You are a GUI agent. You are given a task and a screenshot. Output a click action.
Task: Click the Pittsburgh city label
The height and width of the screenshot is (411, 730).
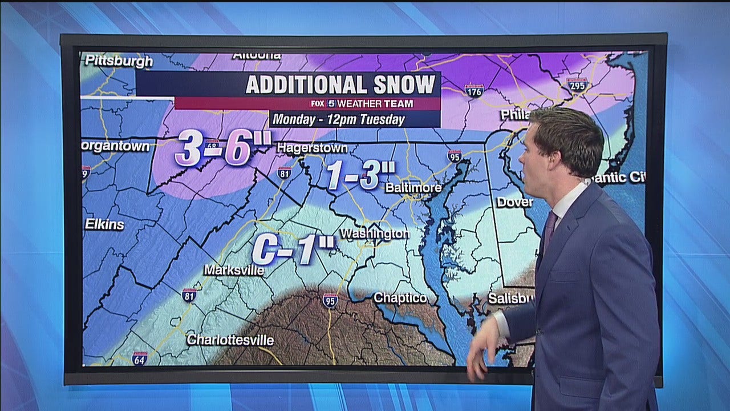click(x=117, y=61)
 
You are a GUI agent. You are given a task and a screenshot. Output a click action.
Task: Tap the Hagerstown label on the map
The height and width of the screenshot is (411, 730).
click(x=312, y=148)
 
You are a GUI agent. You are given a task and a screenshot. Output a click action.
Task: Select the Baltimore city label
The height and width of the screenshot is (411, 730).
click(x=413, y=187)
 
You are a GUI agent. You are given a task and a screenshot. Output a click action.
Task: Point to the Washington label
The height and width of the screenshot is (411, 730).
click(x=374, y=233)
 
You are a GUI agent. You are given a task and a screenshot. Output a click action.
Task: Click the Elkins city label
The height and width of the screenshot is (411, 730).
click(x=104, y=224)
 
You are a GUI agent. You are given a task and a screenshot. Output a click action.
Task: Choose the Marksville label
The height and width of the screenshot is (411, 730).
click(x=234, y=269)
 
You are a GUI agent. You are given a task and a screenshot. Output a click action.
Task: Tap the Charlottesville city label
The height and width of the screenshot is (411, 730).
click(x=230, y=340)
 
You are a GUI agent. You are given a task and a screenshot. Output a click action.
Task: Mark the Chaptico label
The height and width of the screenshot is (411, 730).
click(x=400, y=297)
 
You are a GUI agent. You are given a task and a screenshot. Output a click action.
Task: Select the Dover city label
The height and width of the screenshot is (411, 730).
click(x=514, y=202)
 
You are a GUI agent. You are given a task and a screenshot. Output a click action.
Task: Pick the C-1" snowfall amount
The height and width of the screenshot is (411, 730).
click(x=293, y=249)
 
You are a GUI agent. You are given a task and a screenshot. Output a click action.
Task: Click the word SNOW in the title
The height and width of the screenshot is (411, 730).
click(x=404, y=84)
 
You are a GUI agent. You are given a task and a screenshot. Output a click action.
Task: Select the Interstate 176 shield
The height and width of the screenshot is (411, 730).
click(x=474, y=90)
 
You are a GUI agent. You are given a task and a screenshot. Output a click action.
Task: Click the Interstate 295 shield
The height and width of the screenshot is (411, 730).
click(x=577, y=85)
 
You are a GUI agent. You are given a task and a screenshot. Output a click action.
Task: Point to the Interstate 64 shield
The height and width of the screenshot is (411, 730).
click(x=140, y=358)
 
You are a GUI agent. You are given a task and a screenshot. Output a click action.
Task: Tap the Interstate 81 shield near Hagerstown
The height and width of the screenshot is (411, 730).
click(x=284, y=172)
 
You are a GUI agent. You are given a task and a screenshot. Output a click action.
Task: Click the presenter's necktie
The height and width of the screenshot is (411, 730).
click(x=548, y=231)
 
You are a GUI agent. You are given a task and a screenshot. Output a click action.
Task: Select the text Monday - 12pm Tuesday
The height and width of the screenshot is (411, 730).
click(x=338, y=120)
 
